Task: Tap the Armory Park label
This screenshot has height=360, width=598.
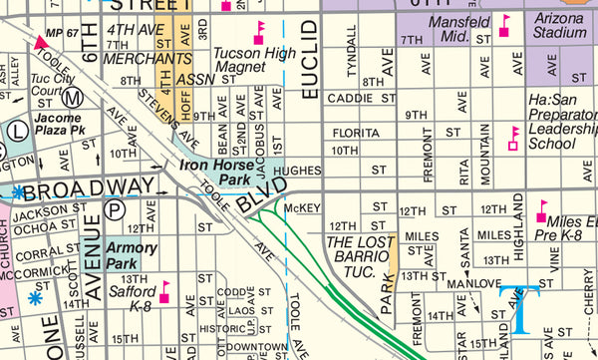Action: (x=126, y=255)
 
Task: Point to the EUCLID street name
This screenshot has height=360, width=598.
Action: (x=309, y=59)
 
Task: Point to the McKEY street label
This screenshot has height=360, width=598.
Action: (x=302, y=207)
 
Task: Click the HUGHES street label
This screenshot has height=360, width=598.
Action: (x=297, y=171)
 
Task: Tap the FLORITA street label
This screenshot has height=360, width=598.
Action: (x=356, y=132)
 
